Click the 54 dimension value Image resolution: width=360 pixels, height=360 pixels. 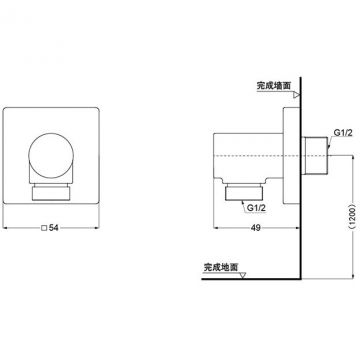coord(54,228)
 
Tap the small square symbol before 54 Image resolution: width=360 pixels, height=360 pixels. coord(44,228)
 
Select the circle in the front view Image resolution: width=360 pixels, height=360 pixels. coord(51,155)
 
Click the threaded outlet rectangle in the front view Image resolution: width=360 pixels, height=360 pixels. coord(51,194)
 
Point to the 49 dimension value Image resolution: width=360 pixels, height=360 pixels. coord(256,228)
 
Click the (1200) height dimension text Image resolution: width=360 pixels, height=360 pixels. coord(354,217)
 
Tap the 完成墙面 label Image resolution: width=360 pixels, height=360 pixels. coord(274,86)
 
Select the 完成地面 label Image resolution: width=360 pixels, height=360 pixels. coord(221,267)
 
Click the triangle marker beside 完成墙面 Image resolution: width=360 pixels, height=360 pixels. coord(296,95)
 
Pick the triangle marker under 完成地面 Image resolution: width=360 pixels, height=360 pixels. coord(243,275)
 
